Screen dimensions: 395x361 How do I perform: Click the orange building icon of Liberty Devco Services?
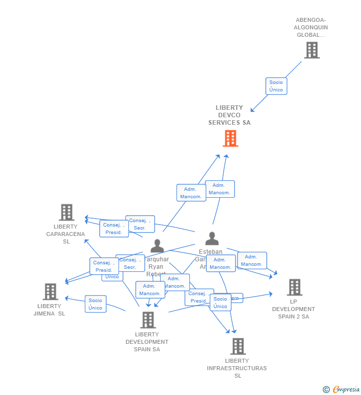(x=230, y=139)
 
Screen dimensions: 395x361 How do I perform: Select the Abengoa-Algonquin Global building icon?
(x=311, y=50)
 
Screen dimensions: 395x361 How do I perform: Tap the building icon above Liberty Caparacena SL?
(x=66, y=212)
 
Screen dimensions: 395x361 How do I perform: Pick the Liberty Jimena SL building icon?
(x=50, y=292)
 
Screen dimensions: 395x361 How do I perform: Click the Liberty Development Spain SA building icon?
(x=148, y=320)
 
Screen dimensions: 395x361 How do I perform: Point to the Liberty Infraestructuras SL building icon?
(x=238, y=346)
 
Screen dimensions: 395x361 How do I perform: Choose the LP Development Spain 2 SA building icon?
(x=294, y=287)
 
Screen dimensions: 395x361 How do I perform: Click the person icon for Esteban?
(x=212, y=238)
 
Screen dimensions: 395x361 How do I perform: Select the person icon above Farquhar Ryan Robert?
(x=157, y=246)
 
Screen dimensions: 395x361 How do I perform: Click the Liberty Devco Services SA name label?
(x=229, y=115)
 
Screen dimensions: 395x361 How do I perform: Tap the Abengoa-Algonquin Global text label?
(x=311, y=28)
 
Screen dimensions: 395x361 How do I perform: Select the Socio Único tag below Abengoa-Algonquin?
(x=276, y=86)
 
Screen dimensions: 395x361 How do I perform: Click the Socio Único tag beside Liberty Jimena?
(x=95, y=304)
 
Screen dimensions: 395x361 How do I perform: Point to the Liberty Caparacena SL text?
(x=66, y=234)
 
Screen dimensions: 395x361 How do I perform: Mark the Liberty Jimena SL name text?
(x=49, y=310)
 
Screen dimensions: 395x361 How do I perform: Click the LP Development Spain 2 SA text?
(x=293, y=309)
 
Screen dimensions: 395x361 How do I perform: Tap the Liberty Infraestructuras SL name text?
(x=237, y=368)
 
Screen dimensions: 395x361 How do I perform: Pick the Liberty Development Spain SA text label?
(x=147, y=342)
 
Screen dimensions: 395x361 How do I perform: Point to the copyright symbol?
(x=326, y=390)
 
